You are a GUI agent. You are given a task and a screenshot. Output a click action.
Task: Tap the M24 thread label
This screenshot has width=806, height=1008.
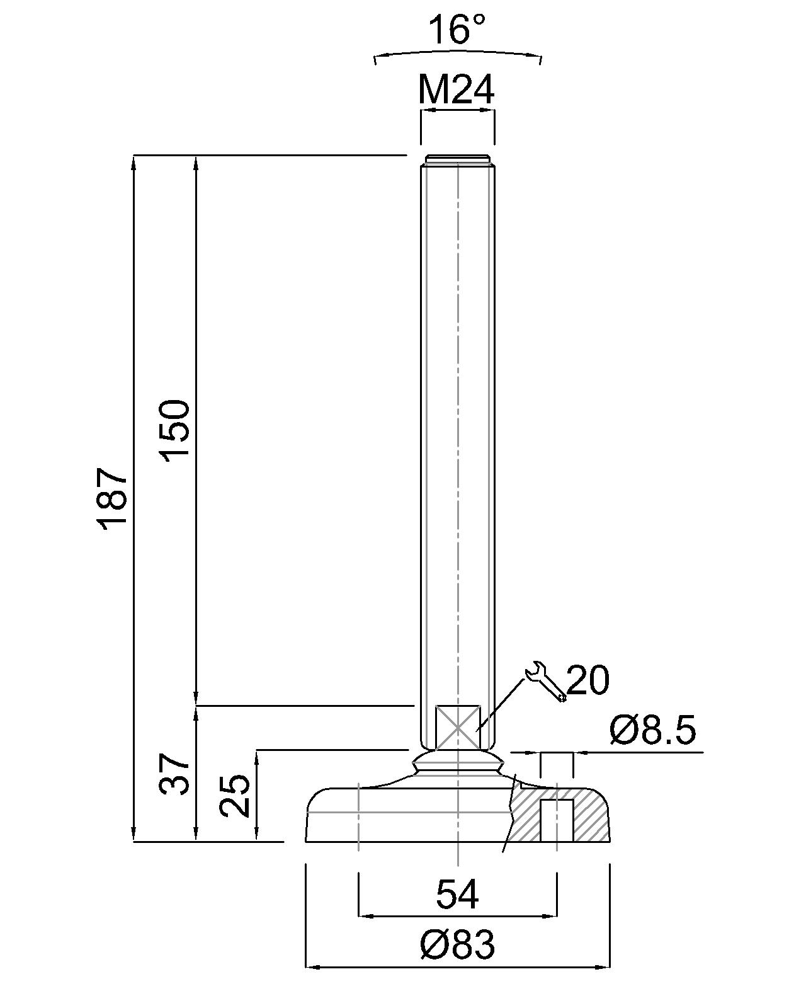click(x=457, y=90)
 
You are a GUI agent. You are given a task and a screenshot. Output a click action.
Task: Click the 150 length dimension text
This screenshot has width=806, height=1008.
click(x=175, y=430)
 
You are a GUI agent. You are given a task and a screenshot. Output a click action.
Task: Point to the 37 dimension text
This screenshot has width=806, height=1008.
click(x=174, y=774)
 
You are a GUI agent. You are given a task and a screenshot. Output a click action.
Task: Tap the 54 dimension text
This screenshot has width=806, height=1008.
click(x=458, y=894)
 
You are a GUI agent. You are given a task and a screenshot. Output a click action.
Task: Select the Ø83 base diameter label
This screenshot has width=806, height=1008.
click(x=458, y=945)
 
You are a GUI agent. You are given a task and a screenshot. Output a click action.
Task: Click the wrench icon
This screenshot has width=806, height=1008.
click(x=545, y=680)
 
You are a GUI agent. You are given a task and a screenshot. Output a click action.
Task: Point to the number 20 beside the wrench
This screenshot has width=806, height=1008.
click(x=588, y=680)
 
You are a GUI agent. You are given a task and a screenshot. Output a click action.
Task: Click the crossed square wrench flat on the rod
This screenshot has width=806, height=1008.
click(x=458, y=726)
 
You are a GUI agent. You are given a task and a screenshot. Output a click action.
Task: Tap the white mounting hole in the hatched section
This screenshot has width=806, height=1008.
click(x=557, y=820)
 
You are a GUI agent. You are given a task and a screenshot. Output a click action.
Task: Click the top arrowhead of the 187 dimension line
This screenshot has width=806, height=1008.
click(x=133, y=161)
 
